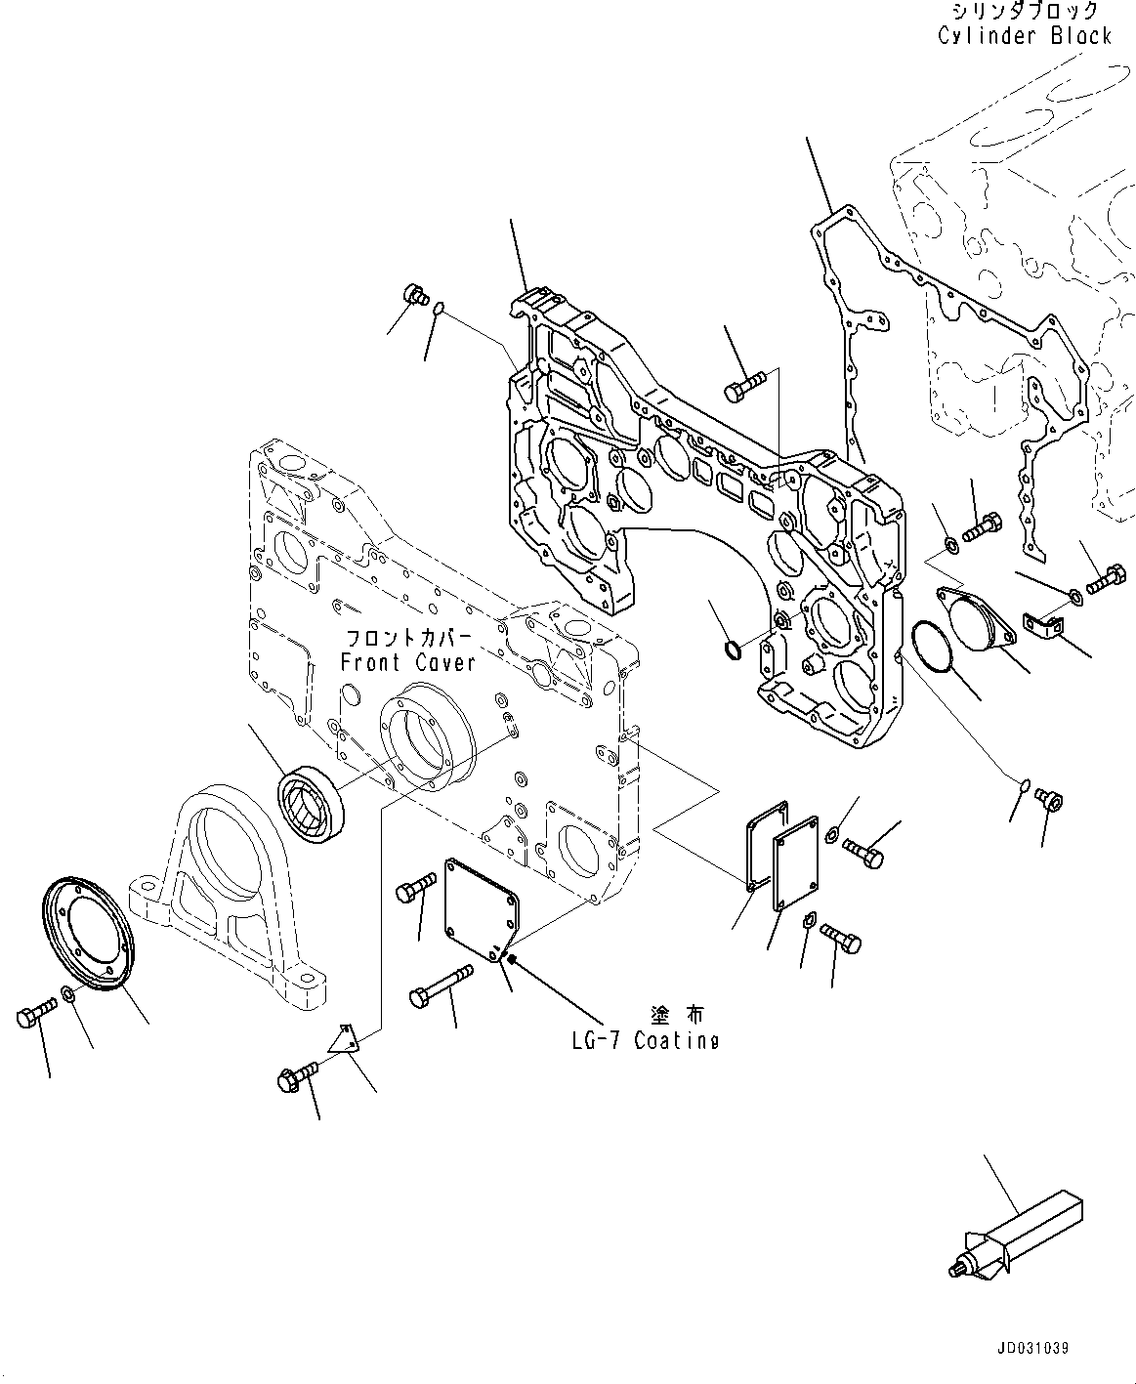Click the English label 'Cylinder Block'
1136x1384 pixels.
point(1024,36)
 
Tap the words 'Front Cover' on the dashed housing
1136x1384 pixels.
point(407,662)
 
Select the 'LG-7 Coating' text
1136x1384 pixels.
point(645,1041)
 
